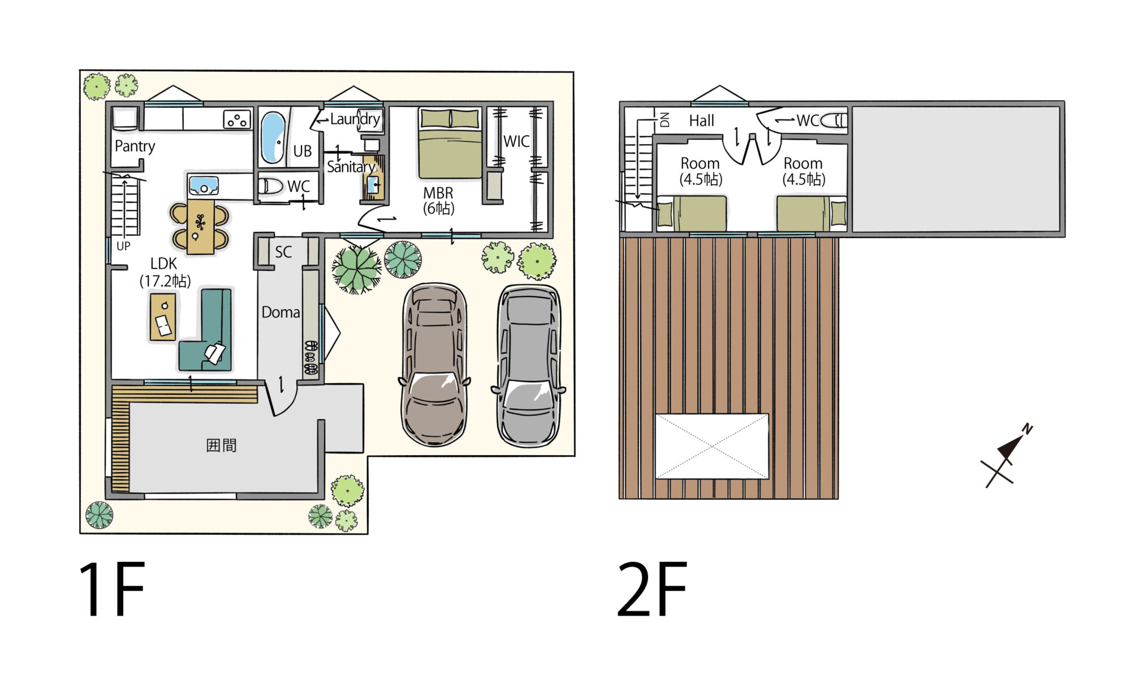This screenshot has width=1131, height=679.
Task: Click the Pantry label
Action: pyautogui.click(x=135, y=146)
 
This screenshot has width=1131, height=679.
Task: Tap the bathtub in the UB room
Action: pyautogui.click(x=273, y=137)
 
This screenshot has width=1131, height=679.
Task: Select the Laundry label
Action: pyautogui.click(x=355, y=119)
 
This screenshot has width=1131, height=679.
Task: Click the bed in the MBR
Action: pyautogui.click(x=450, y=144)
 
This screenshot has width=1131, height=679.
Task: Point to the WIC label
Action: pyautogui.click(x=516, y=141)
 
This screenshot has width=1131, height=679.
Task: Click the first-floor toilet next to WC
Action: pyautogui.click(x=270, y=185)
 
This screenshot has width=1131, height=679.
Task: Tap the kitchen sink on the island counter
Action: pyautogui.click(x=204, y=185)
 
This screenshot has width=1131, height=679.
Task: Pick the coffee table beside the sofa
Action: pyautogui.click(x=163, y=317)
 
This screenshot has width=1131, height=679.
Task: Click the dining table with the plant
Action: pyautogui.click(x=201, y=227)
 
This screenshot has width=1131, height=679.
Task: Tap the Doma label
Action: pyautogui.click(x=280, y=312)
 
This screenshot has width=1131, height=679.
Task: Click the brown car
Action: pyautogui.click(x=434, y=365)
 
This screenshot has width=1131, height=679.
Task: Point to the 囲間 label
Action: pyautogui.click(x=221, y=446)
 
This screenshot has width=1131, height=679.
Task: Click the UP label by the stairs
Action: pyautogui.click(x=123, y=246)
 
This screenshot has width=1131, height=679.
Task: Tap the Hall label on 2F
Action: pyautogui.click(x=701, y=120)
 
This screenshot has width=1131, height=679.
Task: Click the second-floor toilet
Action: pyautogui.click(x=834, y=120)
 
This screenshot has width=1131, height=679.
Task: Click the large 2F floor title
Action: pyautogui.click(x=652, y=589)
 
